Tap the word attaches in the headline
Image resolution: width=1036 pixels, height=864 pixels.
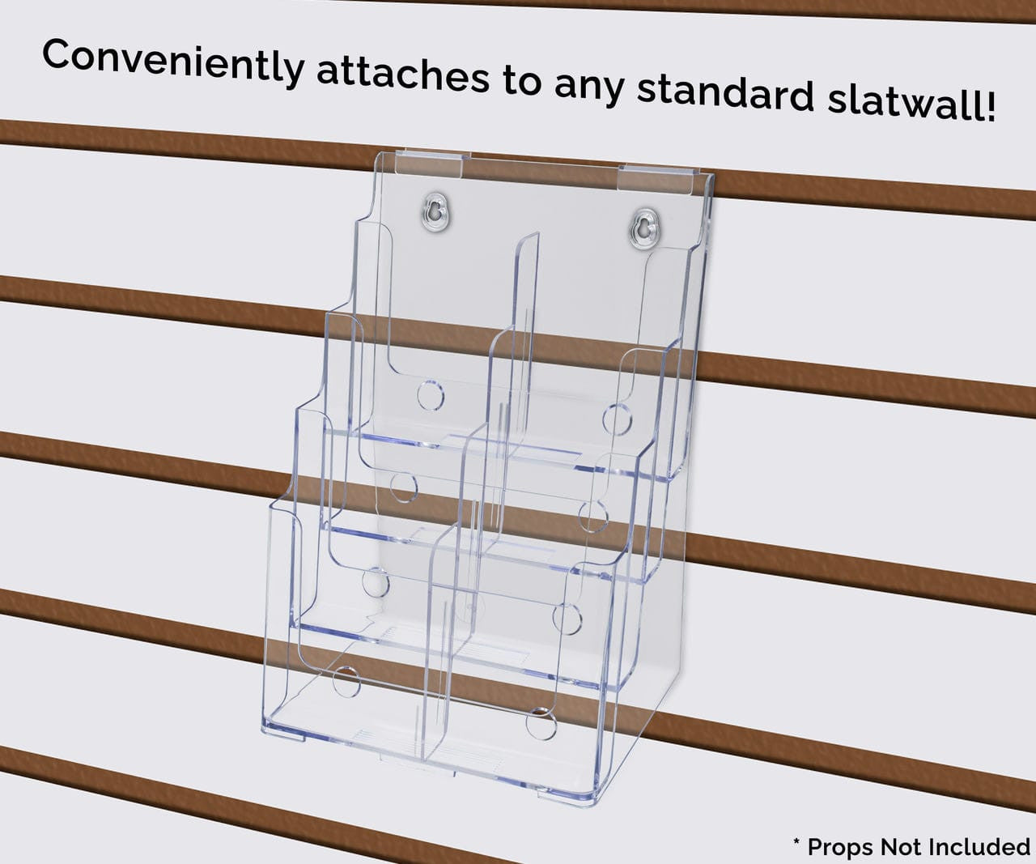(x=402, y=76)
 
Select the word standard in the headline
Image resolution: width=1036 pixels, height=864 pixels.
(x=725, y=92)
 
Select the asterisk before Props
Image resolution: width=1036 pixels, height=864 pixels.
(x=796, y=844)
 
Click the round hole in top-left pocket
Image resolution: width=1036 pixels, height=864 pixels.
(x=431, y=395)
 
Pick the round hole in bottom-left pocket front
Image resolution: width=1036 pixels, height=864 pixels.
(x=347, y=682)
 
